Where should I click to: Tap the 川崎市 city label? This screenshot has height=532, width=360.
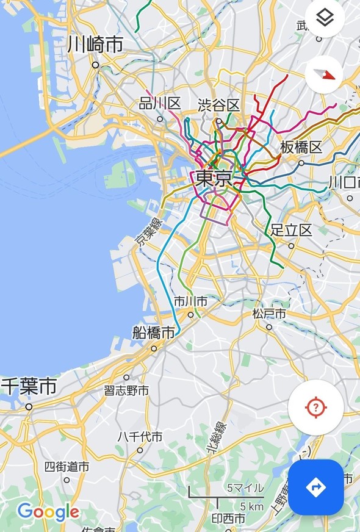[95, 45]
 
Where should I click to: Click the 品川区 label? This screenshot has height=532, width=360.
[160, 104]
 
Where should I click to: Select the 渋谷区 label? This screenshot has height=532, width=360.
[218, 105]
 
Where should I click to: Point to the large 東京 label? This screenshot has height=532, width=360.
[214, 179]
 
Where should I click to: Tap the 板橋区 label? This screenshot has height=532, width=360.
[301, 148]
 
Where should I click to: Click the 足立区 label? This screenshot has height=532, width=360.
[291, 230]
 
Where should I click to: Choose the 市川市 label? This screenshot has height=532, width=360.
[190, 301]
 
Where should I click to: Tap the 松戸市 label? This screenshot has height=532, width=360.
[268, 314]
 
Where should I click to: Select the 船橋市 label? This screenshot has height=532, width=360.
[154, 332]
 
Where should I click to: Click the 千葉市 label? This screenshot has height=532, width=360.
[29, 386]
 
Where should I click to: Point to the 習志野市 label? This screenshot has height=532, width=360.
[126, 390]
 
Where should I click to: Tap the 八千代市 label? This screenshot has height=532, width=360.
[140, 437]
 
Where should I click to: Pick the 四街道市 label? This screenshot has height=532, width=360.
[67, 467]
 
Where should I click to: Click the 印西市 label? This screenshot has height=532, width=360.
[228, 519]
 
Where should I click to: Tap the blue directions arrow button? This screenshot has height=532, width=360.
[315, 487]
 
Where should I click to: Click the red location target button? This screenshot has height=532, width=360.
[315, 408]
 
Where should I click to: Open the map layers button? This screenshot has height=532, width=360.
[325, 18]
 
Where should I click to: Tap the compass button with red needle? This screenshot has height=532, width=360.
[325, 74]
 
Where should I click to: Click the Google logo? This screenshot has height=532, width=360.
[48, 511]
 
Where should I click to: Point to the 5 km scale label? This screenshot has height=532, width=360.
[251, 506]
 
